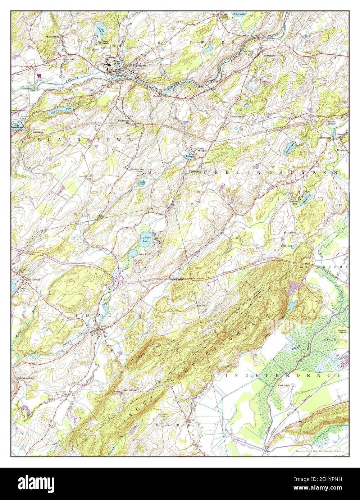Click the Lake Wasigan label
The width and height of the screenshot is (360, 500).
point(190,155)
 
